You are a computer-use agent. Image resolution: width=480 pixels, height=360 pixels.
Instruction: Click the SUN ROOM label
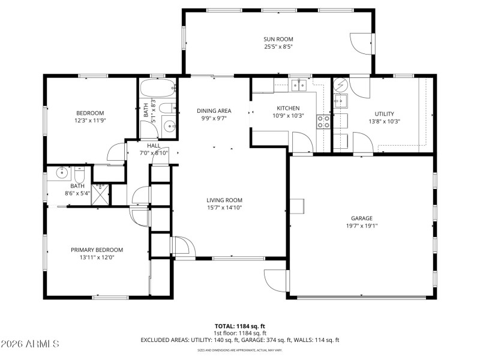278,39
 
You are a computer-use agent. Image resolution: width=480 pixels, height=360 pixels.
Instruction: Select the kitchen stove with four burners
323,122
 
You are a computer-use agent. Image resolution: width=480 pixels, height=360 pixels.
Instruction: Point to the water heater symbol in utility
340,84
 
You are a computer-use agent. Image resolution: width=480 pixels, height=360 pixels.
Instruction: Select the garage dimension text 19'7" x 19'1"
362,226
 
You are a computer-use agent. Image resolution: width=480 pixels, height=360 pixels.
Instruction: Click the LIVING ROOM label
224,200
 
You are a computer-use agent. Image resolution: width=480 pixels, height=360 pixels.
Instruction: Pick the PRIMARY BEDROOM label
97,250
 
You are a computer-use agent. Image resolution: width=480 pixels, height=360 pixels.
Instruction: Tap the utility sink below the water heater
340,100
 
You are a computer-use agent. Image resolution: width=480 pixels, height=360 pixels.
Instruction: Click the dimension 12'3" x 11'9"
90,121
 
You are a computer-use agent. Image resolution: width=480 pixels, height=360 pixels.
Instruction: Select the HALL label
154,145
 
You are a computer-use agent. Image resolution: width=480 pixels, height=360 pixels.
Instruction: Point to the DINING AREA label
214,110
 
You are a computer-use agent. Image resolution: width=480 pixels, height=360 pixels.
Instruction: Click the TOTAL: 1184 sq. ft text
240,326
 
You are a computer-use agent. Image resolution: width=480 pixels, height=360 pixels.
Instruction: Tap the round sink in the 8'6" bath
61,175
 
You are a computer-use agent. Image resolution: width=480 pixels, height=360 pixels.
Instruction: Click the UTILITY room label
383,113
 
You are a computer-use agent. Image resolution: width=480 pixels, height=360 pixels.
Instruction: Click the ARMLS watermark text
30,344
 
